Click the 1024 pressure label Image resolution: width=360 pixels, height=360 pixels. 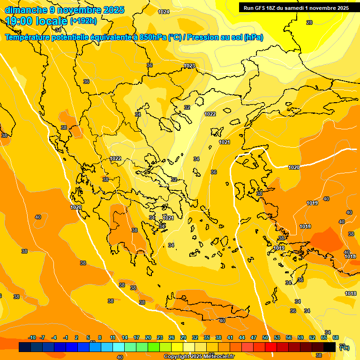tap(164, 12)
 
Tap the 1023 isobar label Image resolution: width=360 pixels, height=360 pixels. tap(189, 66)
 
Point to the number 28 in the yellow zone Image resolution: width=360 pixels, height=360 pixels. tap(309, 22)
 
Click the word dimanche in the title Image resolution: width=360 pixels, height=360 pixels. tap(24, 10)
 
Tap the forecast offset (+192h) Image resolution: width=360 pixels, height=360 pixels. tap(83, 21)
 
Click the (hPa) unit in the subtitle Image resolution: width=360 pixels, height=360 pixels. tap(253, 37)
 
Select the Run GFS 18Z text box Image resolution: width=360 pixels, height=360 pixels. tap(296, 8)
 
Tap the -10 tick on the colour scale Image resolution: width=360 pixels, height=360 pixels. tap(32, 337)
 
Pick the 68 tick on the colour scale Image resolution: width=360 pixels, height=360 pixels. tap(336, 337)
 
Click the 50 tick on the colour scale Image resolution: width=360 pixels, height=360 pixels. tap(265, 337)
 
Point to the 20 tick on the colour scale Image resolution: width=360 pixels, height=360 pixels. tap(148, 337)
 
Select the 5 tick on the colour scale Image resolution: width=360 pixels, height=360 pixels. tap(88, 337)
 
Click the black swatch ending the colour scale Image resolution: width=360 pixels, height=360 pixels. tap(330, 347)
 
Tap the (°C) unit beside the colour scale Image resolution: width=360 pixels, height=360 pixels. tap(344, 347)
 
